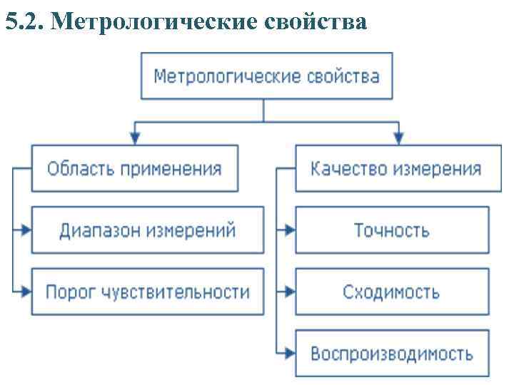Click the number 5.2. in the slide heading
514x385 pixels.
point(25,24)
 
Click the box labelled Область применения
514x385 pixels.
point(134,169)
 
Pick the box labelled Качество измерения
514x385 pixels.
point(398,169)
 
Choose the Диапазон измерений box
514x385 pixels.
point(148,230)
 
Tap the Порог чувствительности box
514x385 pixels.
point(148,292)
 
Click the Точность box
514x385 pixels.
point(392,230)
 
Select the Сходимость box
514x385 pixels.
point(392,292)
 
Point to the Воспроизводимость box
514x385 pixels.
point(392,353)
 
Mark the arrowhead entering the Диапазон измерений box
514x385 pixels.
point(26,230)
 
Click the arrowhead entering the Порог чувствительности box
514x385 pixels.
point(26,292)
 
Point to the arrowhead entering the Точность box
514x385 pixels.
point(289,230)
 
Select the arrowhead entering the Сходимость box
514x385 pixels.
point(289,292)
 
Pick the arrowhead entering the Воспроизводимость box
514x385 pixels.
point(289,353)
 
